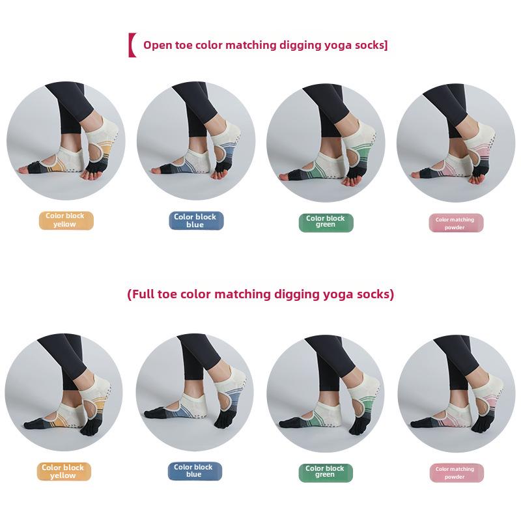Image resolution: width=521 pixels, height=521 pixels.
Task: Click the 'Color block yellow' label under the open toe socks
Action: tap(66, 220)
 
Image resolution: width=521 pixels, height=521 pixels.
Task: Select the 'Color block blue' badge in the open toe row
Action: tap(196, 220)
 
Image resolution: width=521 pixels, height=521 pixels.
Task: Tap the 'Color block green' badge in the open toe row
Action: tap(326, 222)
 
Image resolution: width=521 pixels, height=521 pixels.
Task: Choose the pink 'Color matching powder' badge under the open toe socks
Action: tap(456, 223)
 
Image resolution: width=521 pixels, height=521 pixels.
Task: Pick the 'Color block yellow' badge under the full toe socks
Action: tap(64, 472)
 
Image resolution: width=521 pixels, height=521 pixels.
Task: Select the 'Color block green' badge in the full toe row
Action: tap(326, 472)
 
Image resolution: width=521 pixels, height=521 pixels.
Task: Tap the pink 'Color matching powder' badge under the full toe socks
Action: tap(456, 473)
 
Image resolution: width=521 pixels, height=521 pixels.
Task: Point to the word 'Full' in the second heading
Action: tap(142, 294)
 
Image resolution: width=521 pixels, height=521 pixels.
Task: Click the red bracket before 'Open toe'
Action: tap(132, 45)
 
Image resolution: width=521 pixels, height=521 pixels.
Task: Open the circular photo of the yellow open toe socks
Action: tap(66, 141)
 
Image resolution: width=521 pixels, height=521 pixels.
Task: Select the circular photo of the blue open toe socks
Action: tap(196, 141)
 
